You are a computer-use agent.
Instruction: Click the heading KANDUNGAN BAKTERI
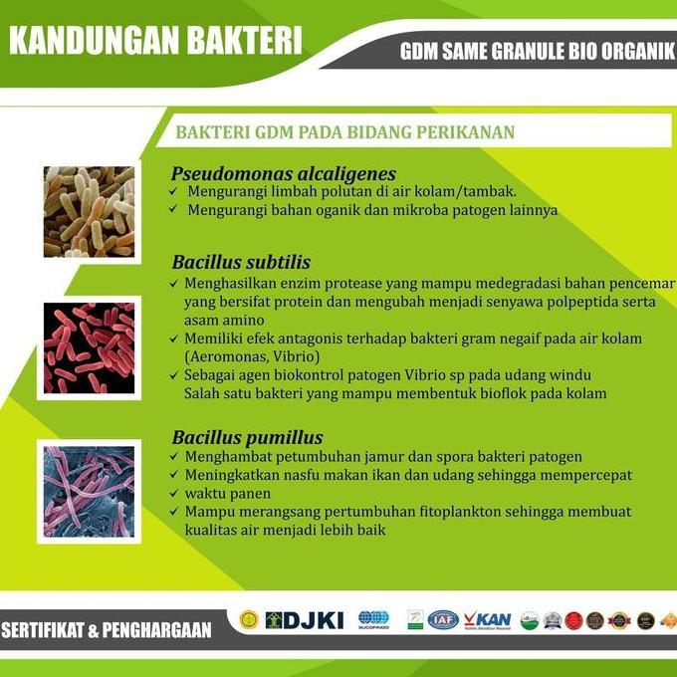pyautogui.click(x=154, y=43)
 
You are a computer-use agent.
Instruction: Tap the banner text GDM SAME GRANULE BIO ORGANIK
pyautogui.click(x=538, y=52)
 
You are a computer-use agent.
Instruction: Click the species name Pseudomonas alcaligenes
pyautogui.click(x=284, y=173)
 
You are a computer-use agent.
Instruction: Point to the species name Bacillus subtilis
pyautogui.click(x=241, y=263)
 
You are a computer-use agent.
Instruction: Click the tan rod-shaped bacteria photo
pyautogui.click(x=89, y=212)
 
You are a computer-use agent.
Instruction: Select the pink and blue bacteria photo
pyautogui.click(x=89, y=492)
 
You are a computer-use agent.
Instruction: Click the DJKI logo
pyautogui.click(x=304, y=620)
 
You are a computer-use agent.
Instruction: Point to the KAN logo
pyautogui.click(x=487, y=620)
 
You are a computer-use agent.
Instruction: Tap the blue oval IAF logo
pyautogui.click(x=443, y=620)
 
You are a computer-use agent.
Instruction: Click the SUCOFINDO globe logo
pyautogui.click(x=373, y=620)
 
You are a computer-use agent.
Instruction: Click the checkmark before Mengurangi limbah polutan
pyautogui.click(x=174, y=191)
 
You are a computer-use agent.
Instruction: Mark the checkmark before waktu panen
pyautogui.click(x=174, y=494)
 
